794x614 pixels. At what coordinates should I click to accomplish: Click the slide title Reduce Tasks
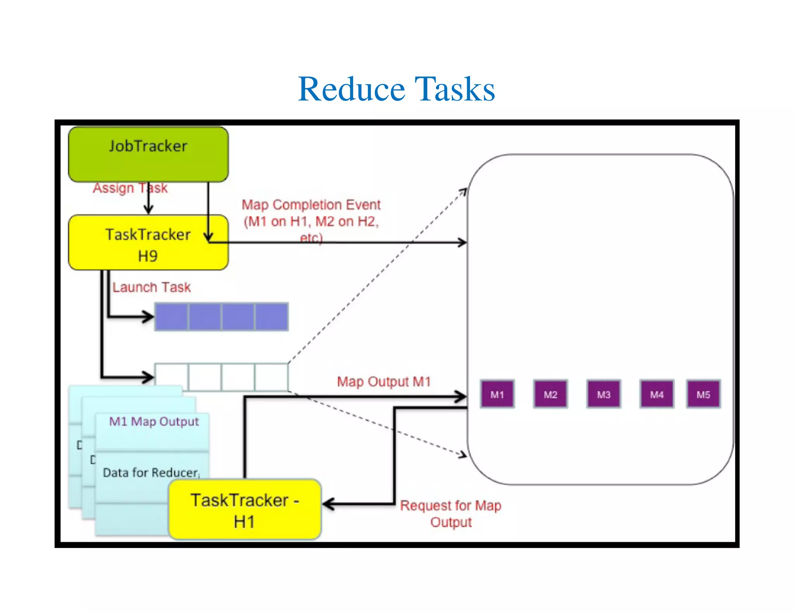click(396, 89)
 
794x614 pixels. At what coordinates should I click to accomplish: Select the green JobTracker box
click(148, 154)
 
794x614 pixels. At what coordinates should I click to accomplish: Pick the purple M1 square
click(497, 394)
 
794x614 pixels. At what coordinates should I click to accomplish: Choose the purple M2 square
click(550, 394)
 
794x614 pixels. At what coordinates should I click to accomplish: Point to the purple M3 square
click(604, 394)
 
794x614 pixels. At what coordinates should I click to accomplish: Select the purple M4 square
click(657, 394)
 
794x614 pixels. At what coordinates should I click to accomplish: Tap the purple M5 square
click(703, 394)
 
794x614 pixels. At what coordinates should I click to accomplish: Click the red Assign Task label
click(130, 188)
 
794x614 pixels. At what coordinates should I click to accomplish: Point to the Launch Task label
click(152, 287)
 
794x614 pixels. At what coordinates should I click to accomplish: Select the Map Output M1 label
click(384, 382)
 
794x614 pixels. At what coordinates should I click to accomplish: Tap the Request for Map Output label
click(451, 513)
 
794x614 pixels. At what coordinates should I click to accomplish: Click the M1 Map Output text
click(154, 421)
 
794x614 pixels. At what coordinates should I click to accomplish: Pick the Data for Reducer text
click(151, 472)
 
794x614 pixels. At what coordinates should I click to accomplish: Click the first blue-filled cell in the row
click(172, 317)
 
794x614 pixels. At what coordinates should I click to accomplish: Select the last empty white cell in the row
click(271, 376)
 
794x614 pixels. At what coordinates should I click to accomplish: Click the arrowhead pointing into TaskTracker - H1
click(328, 504)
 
